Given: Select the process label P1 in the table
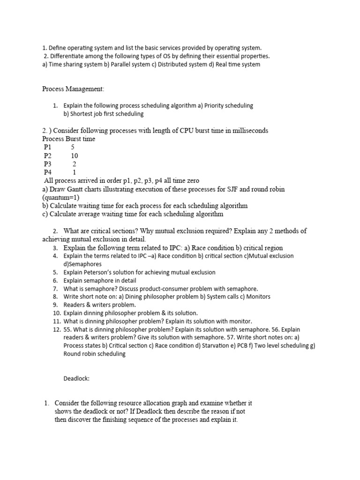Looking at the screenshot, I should pyautogui.click(x=48, y=147).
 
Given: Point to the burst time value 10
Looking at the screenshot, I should pyautogui.click(x=75, y=156).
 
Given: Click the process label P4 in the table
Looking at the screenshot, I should pyautogui.click(x=48, y=172).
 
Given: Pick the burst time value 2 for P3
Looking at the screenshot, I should pyautogui.click(x=74, y=164).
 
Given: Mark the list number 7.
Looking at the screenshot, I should pyautogui.click(x=55, y=289).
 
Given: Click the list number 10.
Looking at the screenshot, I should pyautogui.click(x=57, y=313).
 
